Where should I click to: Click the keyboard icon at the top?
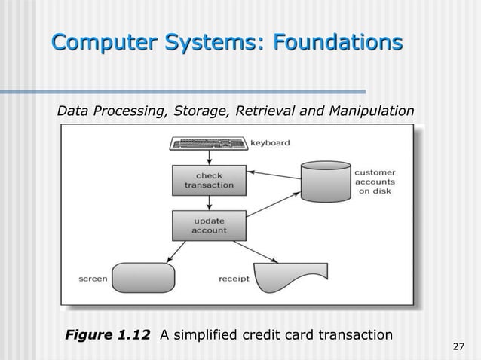(x=208, y=142)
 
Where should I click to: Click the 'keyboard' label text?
(x=270, y=142)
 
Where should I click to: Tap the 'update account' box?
(x=209, y=224)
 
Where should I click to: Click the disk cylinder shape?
(x=325, y=181)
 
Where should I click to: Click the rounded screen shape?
(x=142, y=277)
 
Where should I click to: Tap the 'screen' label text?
(x=93, y=279)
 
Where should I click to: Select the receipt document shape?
(x=290, y=277)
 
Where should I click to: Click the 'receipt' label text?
(x=234, y=279)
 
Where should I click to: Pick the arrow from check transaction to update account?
(x=209, y=201)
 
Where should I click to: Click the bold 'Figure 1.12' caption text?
(x=107, y=334)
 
